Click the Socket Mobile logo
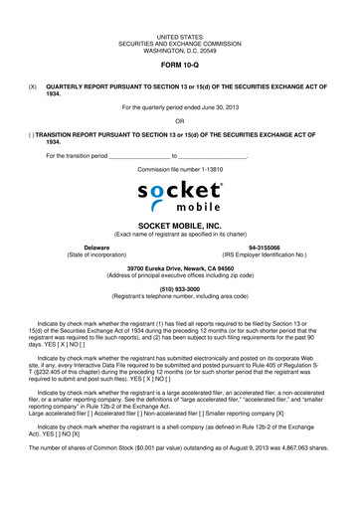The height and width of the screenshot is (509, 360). (180, 198)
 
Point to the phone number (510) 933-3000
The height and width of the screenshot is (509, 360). (180, 288)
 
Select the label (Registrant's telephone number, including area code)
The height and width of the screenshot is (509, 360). (180, 296)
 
